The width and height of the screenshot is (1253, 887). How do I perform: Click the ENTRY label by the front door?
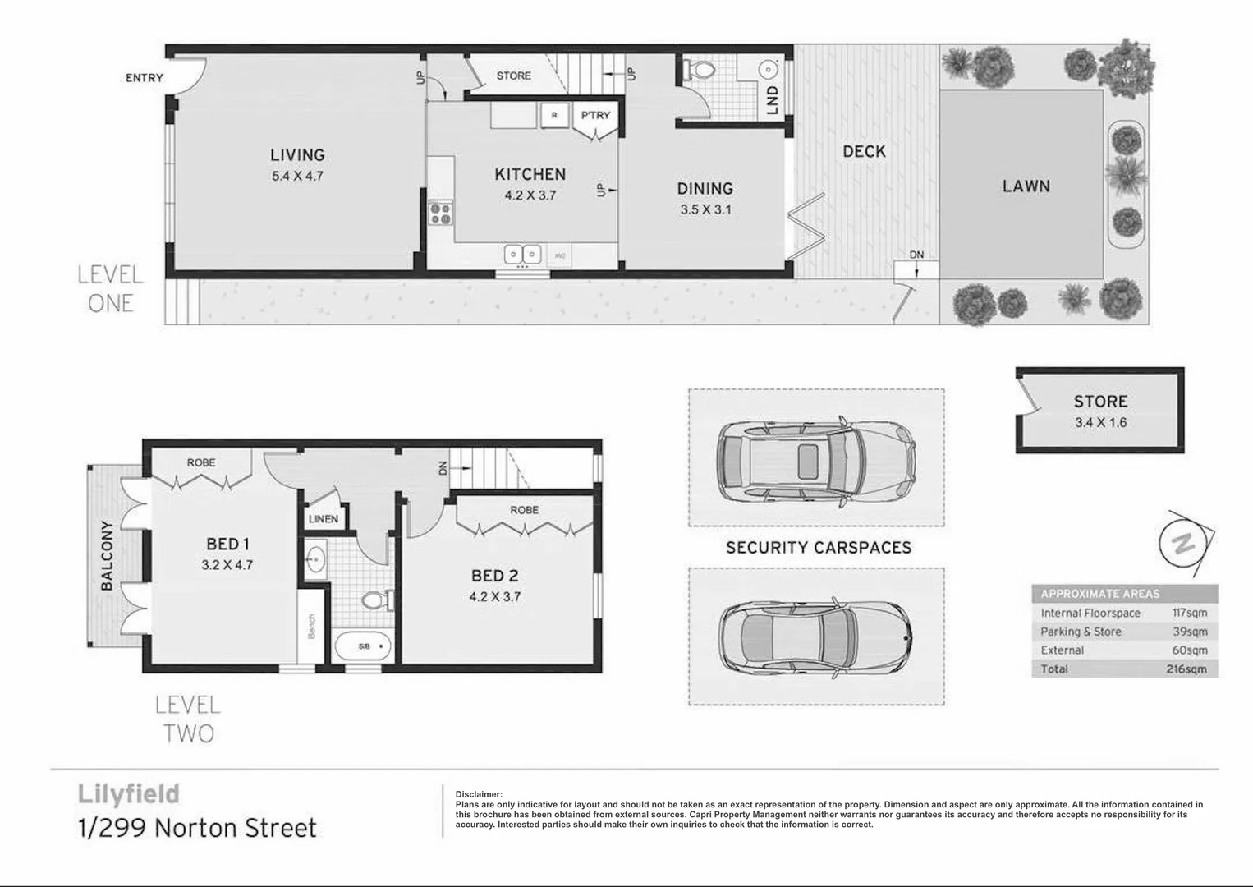144,78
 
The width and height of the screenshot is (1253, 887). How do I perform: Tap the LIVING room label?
297,154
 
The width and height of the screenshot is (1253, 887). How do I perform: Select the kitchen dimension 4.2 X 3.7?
530,195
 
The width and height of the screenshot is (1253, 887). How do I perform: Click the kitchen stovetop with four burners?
440,213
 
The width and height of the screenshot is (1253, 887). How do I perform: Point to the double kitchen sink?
522,255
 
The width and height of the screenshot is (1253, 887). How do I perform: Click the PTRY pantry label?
595,115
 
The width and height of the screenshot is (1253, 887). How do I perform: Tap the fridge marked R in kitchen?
554,116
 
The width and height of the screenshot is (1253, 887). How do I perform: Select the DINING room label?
705,189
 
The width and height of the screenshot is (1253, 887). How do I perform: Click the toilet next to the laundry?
700,71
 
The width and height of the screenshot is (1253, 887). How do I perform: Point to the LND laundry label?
772,100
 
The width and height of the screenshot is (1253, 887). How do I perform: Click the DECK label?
864,151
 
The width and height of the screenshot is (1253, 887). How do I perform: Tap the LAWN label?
1026,186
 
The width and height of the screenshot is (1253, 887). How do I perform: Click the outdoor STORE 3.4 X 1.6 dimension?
1100,423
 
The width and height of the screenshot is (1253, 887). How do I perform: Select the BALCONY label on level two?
107,556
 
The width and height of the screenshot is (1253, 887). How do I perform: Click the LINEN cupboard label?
323,519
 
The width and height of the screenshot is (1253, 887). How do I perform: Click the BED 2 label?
494,577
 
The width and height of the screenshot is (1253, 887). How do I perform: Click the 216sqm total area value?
1186,669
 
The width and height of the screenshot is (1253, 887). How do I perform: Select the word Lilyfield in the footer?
128,794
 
